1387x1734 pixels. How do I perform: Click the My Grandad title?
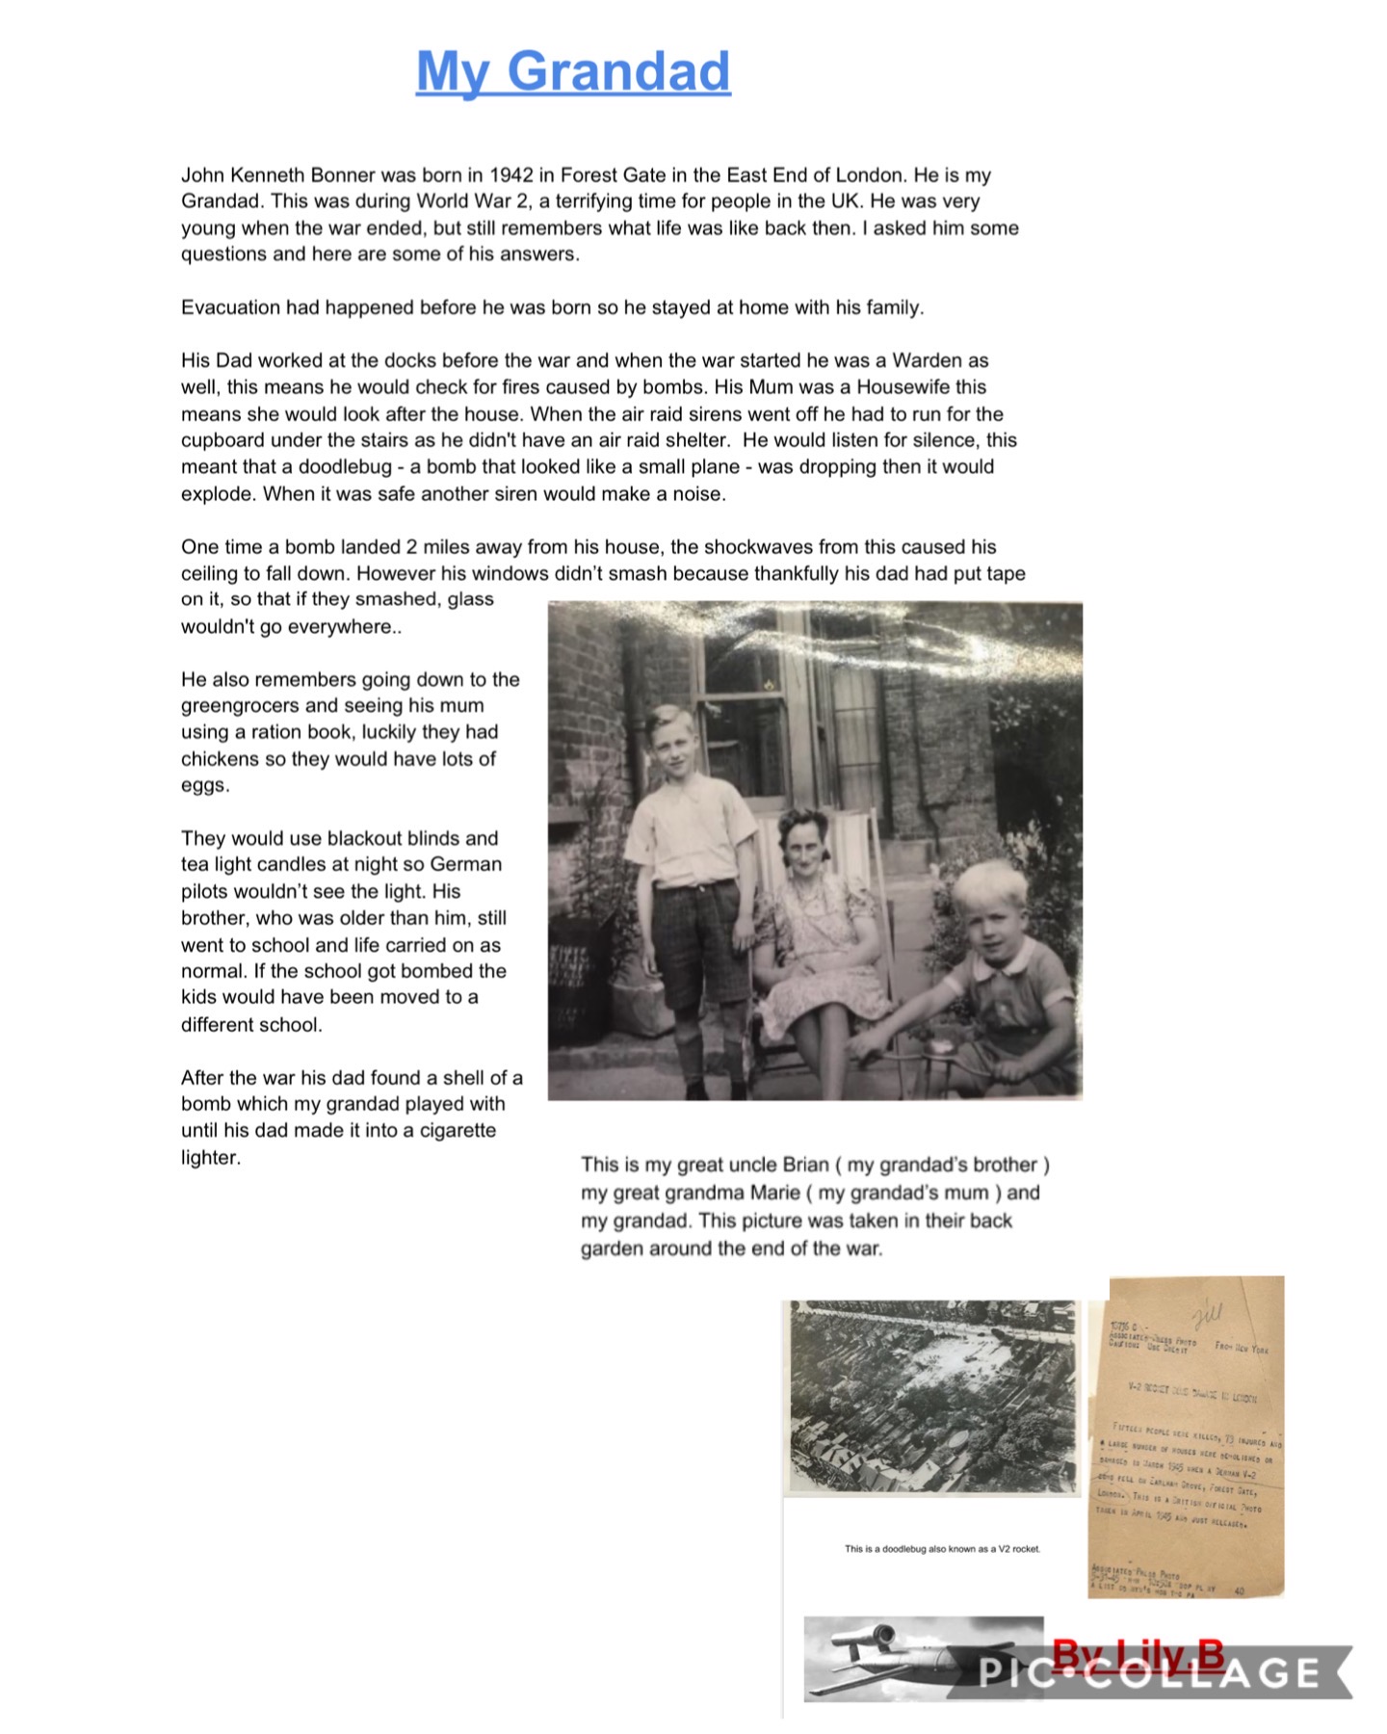[x=573, y=72]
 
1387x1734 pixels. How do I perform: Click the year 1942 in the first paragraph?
[x=510, y=175]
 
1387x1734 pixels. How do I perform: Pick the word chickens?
[x=219, y=759]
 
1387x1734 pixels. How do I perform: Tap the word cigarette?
[x=457, y=1130]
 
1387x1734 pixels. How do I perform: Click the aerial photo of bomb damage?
[x=932, y=1396]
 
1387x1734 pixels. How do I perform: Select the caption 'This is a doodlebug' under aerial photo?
[x=942, y=1549]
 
